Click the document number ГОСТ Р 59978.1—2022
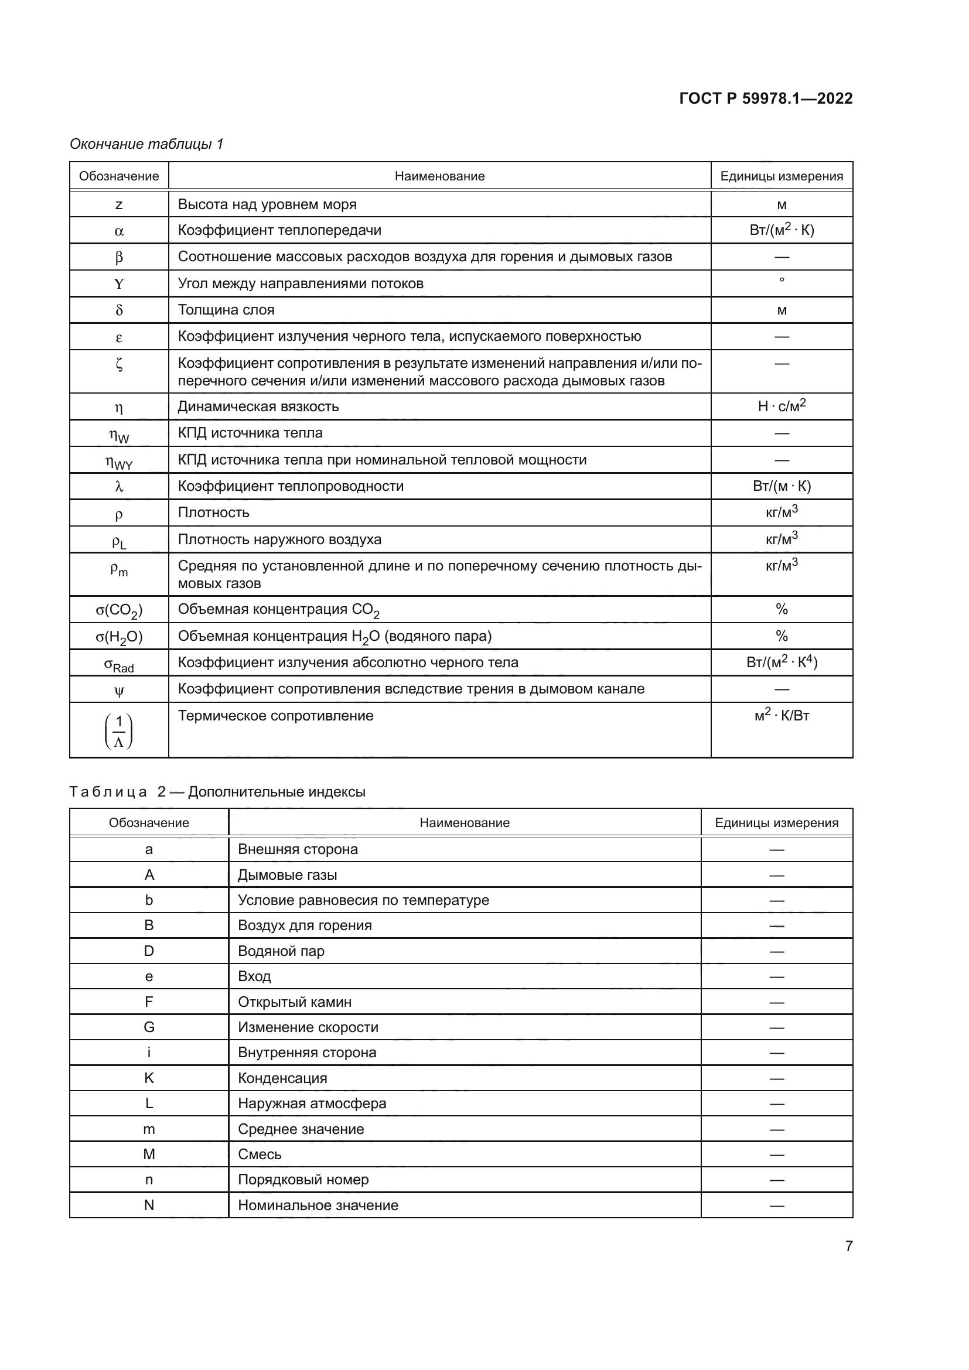pyautogui.click(x=766, y=98)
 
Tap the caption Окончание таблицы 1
pyautogui.click(x=147, y=144)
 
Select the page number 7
pyautogui.click(x=848, y=1246)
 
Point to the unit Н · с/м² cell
pyautogui.click(x=781, y=406)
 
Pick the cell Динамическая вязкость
pyautogui.click(x=258, y=407)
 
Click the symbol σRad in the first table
pyautogui.click(x=119, y=664)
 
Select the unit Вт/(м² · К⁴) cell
pyautogui.click(x=781, y=662)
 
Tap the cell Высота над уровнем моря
pyautogui.click(x=267, y=204)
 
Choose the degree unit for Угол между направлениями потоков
pyautogui.click(x=782, y=280)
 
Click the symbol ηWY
pyautogui.click(x=119, y=461)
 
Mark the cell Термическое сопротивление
pyautogui.click(x=276, y=715)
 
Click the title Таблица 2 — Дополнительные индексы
pyautogui.click(x=217, y=792)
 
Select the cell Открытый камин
pyautogui.click(x=295, y=1002)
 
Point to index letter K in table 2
pyautogui.click(x=149, y=1078)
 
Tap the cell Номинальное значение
pyautogui.click(x=318, y=1205)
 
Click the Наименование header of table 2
pyautogui.click(x=464, y=823)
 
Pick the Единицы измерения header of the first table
pyautogui.click(x=781, y=176)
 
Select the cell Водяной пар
pyautogui.click(x=281, y=951)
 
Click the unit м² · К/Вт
pyautogui.click(x=781, y=715)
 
